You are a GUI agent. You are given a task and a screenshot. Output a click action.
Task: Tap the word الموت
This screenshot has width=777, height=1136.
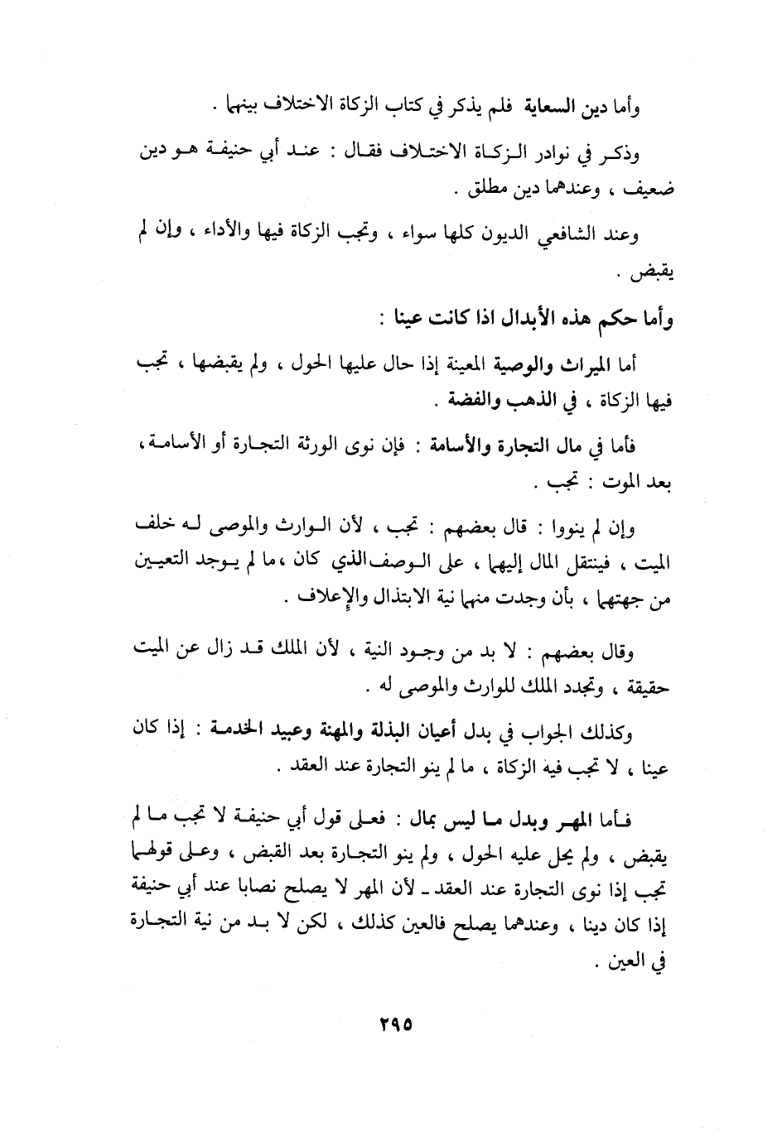click(610, 483)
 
